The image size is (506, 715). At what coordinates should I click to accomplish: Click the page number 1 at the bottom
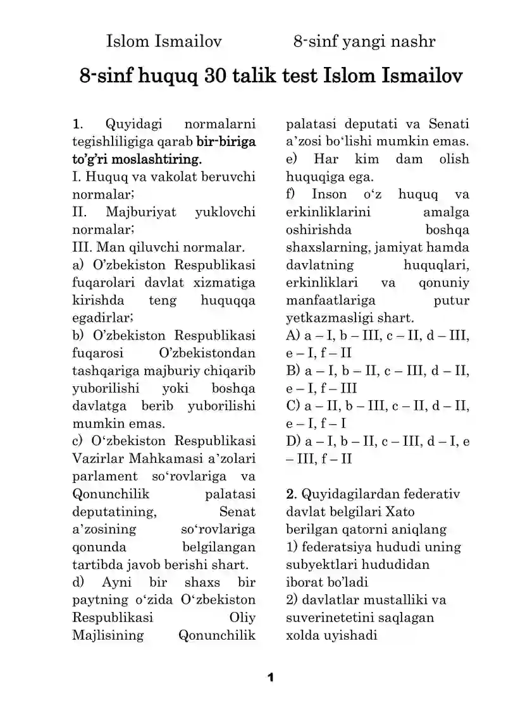[270, 678]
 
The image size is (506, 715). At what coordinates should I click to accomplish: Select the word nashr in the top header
[414, 42]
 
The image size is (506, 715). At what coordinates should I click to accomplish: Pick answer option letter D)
[293, 441]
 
